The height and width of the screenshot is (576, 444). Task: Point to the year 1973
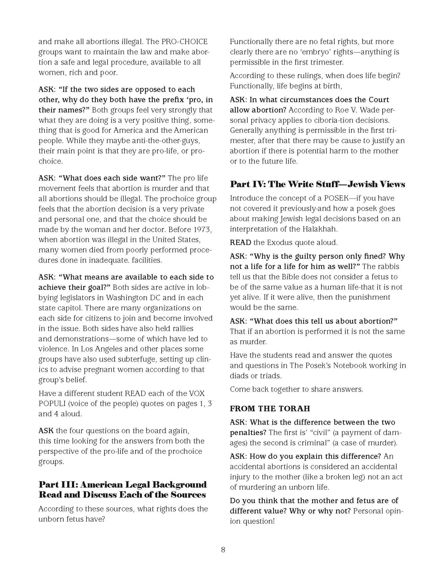[x=201, y=230]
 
